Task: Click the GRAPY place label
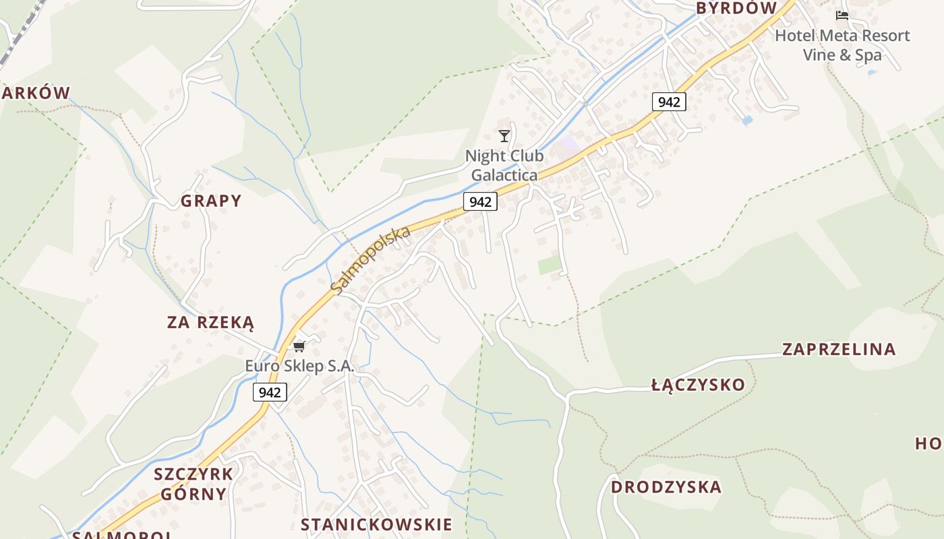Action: click(210, 201)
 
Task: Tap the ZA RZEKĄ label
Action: click(210, 323)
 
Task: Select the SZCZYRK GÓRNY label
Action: click(194, 484)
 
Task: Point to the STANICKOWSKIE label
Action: click(376, 525)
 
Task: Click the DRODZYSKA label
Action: click(666, 487)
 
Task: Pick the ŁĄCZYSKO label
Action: click(698, 385)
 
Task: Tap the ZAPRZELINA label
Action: click(839, 349)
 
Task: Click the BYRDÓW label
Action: click(736, 8)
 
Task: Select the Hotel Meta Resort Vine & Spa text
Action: click(842, 45)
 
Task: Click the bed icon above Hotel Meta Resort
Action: click(842, 15)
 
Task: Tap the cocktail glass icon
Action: click(504, 136)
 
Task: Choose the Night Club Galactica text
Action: click(504, 166)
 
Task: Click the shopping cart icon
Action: click(299, 346)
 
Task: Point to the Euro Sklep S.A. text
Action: click(299, 367)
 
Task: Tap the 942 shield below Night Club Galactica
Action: click(480, 201)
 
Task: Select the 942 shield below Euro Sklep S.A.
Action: click(270, 392)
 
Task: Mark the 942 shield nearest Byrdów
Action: click(669, 102)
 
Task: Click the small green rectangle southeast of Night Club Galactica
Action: click(550, 265)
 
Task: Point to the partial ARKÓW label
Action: click(35, 93)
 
